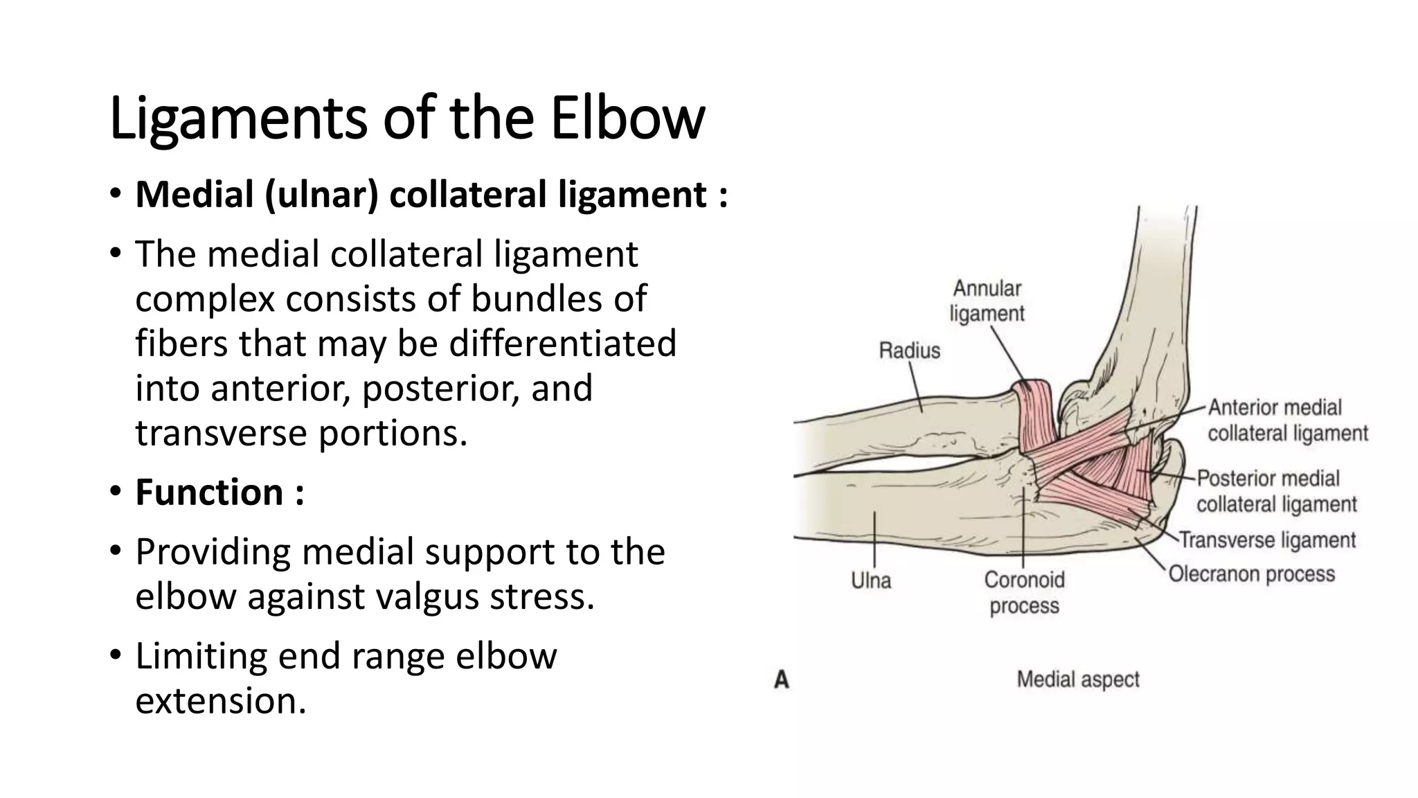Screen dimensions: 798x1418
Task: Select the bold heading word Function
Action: pyautogui.click(x=209, y=493)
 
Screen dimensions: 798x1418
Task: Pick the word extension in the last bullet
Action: pyautogui.click(x=220, y=700)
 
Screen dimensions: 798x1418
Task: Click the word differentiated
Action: pyautogui.click(x=562, y=344)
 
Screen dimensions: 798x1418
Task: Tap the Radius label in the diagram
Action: pyautogui.click(x=909, y=351)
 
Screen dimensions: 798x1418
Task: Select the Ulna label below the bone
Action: pyautogui.click(x=871, y=580)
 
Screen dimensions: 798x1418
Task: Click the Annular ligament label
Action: pyautogui.click(x=987, y=301)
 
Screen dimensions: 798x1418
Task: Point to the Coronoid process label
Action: pyautogui.click(x=1024, y=592)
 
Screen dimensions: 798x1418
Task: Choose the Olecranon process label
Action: pyautogui.click(x=1252, y=574)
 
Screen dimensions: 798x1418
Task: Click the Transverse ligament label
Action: pyautogui.click(x=1267, y=540)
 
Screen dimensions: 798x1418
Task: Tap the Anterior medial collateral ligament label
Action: pyautogui.click(x=1287, y=420)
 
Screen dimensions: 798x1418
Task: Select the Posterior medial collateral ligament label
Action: pyautogui.click(x=1276, y=491)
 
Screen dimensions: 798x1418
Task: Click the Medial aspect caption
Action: pyautogui.click(x=1077, y=680)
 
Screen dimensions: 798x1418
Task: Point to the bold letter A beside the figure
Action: pyautogui.click(x=782, y=680)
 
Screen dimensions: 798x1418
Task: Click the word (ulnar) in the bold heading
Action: pyautogui.click(x=321, y=195)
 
